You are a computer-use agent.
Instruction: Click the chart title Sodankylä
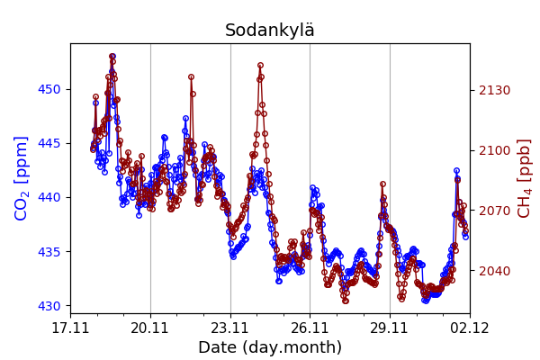[x=269, y=31]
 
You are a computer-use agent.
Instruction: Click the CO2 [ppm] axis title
[x=22, y=178]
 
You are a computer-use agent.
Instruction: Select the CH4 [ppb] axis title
[x=524, y=178]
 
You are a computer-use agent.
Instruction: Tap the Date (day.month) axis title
[x=269, y=347]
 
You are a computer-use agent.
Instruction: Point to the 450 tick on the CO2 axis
[x=49, y=89]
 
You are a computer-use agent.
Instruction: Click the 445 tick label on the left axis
[x=49, y=143]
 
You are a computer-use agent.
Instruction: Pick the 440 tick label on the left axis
[x=49, y=197]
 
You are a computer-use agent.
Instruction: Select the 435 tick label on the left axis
[x=49, y=251]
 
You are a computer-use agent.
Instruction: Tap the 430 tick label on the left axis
[x=49, y=306]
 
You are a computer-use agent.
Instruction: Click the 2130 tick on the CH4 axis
[x=494, y=90]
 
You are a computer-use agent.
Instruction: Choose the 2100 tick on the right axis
[x=494, y=150]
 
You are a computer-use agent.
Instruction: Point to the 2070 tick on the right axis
[x=494, y=211]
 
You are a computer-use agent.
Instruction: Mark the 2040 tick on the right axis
[x=494, y=271]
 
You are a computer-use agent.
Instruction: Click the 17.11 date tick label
[x=70, y=328]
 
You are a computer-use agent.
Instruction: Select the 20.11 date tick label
[x=150, y=328]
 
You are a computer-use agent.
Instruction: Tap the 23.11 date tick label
[x=230, y=328]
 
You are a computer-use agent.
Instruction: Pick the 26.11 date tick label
[x=310, y=328]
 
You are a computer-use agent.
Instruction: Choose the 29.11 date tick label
[x=390, y=328]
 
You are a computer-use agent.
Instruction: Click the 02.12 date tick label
[x=469, y=328]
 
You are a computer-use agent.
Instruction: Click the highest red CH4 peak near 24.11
[x=260, y=65]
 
